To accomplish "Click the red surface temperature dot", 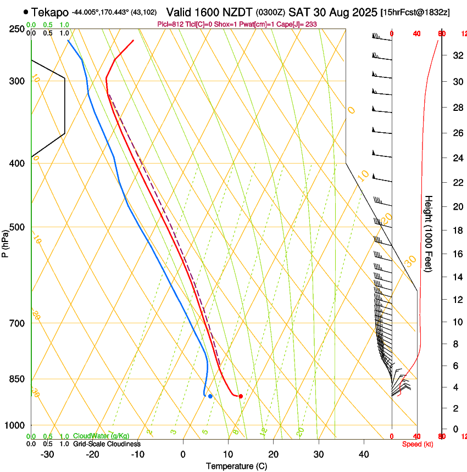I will coord(241,396).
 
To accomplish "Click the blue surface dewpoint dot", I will coord(210,396).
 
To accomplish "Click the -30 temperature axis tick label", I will coord(47,454).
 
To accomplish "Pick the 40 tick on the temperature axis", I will coord(364,454).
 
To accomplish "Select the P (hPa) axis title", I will coord(5,240).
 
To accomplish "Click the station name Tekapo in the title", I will coord(50,12).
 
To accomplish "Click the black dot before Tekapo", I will coord(26,12).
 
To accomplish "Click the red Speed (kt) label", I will coord(418,444).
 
